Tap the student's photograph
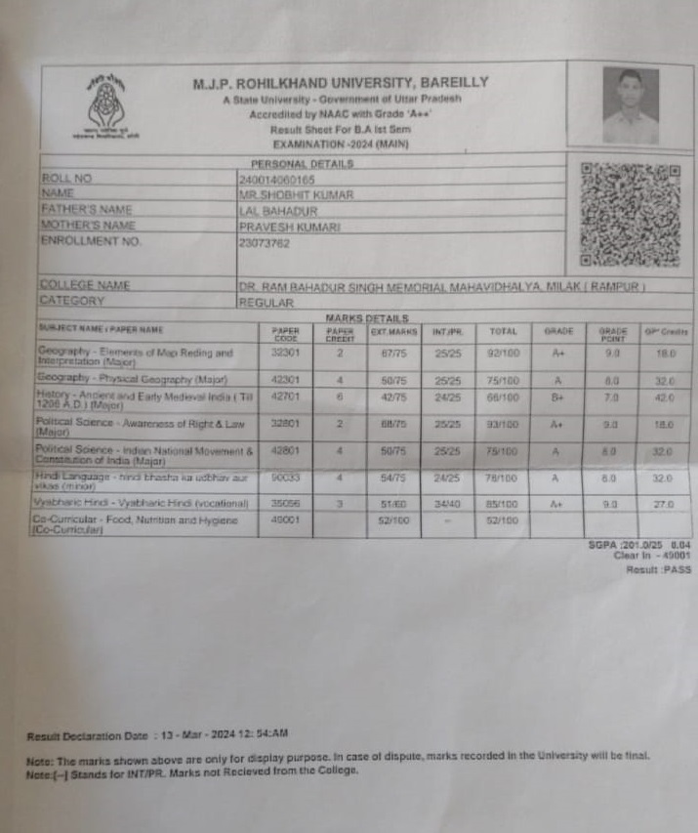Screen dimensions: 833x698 (630, 105)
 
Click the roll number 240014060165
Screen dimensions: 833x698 (277, 180)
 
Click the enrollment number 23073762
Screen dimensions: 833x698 (265, 242)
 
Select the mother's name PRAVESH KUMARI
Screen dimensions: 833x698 (289, 226)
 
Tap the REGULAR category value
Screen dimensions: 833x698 (267, 303)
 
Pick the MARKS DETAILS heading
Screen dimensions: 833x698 (366, 318)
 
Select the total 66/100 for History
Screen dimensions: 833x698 (503, 397)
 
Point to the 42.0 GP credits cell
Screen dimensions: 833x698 (663, 398)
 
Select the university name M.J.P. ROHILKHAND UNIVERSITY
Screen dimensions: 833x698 (341, 83)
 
